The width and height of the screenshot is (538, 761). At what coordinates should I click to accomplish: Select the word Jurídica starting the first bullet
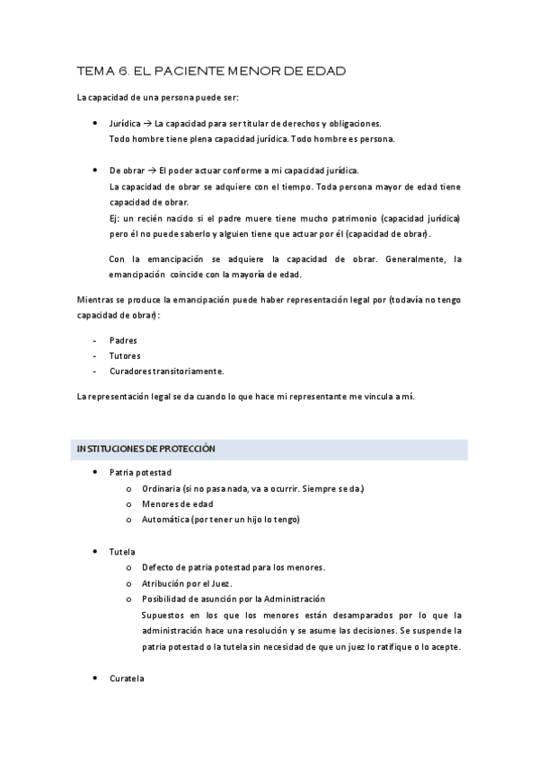[124, 123]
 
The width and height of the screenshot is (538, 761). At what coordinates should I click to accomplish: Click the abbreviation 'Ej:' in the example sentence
[113, 219]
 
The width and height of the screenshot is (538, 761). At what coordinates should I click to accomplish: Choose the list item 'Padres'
[124, 340]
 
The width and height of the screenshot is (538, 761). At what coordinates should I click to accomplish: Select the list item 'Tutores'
[125, 355]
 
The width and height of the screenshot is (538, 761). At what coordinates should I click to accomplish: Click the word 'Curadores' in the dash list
[131, 371]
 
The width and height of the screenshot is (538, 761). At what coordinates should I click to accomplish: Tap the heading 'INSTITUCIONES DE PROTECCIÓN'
[146, 448]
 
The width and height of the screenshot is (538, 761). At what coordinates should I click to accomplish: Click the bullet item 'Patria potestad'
[140, 472]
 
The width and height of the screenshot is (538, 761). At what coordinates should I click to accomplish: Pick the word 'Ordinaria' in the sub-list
[160, 488]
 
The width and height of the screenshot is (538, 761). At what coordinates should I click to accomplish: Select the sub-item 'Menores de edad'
[177, 503]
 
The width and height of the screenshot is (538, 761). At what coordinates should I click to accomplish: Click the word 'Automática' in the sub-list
[164, 520]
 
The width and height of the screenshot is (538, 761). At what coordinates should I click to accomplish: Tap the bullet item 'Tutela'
[122, 551]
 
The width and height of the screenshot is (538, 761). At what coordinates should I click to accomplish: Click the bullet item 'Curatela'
[127, 678]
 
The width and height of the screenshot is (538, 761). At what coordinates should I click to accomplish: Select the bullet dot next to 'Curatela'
[96, 678]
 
